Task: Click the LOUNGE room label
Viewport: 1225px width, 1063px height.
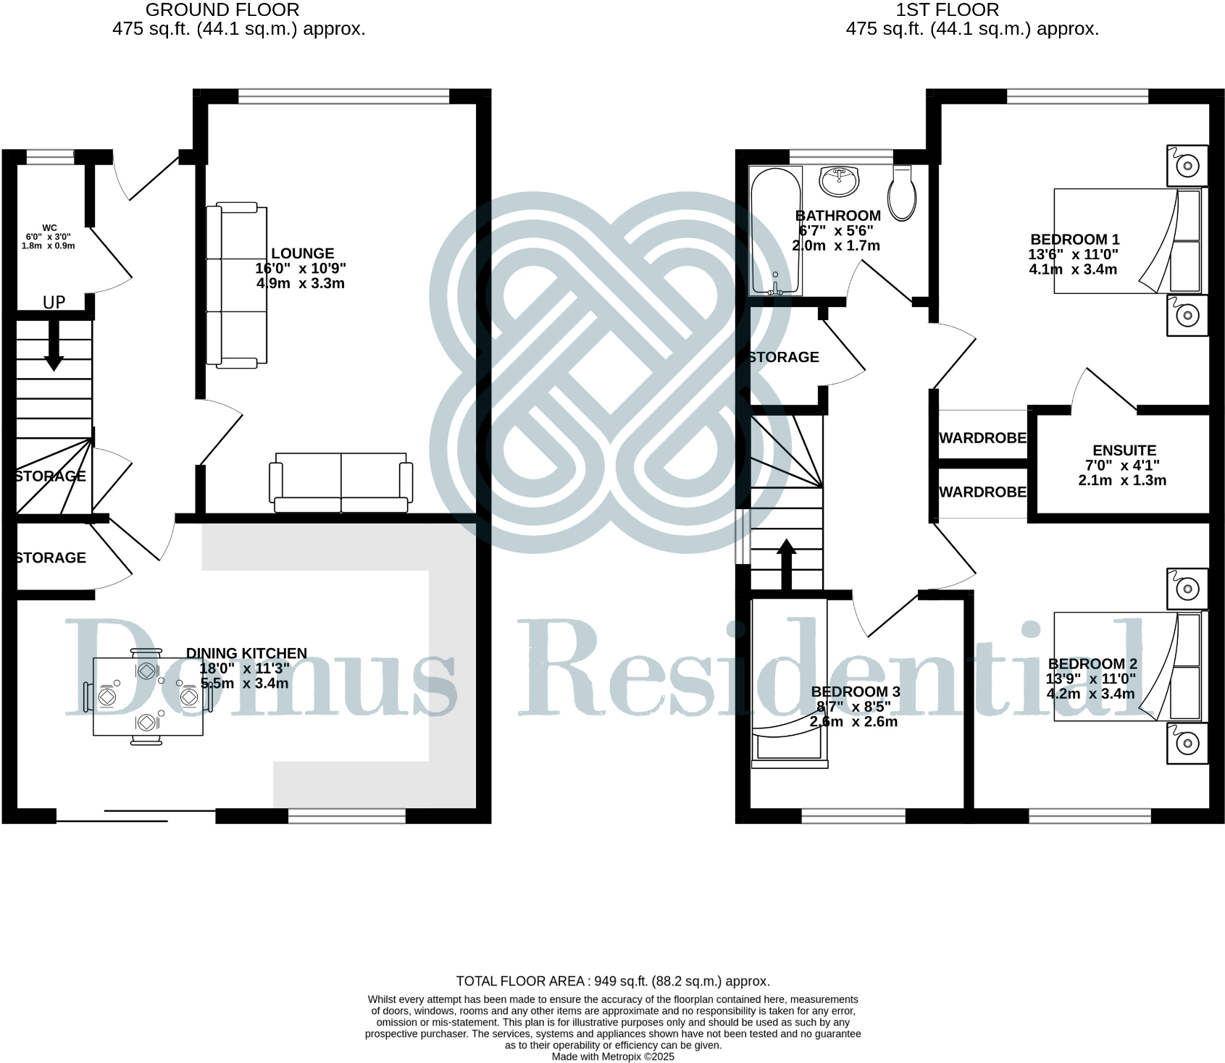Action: pos(302,253)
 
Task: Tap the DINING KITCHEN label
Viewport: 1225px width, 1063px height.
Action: pos(246,653)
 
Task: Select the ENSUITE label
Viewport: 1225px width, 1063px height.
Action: pos(1124,450)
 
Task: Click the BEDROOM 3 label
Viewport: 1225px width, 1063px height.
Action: pos(855,692)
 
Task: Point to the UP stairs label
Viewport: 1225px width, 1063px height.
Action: pos(54,303)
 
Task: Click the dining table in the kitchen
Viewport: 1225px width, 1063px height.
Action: pos(148,697)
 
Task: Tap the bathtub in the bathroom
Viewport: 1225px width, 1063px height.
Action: pos(775,230)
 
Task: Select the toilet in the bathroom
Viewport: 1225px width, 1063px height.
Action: pos(903,193)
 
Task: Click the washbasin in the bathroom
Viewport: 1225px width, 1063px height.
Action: pos(840,180)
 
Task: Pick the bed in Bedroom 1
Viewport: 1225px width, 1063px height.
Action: pos(1126,241)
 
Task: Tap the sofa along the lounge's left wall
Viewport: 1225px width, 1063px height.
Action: pos(237,285)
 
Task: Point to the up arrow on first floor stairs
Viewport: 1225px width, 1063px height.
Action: pos(786,563)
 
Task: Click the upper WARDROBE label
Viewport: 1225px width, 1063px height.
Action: pos(982,438)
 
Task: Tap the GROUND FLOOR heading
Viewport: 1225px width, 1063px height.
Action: pos(222,10)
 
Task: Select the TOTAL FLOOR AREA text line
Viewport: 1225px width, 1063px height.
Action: pos(612,981)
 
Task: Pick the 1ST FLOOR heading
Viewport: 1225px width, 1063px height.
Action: pos(948,10)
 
